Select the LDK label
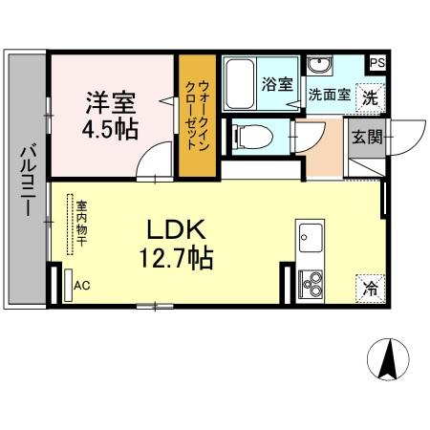click(176, 229)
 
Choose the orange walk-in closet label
click(199, 117)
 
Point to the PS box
click(377, 63)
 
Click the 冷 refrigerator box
click(369, 286)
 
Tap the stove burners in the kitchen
click(312, 283)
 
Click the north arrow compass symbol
click(389, 361)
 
